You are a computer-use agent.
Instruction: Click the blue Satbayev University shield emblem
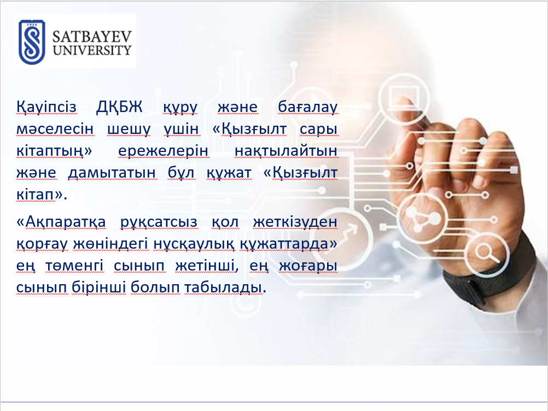tap(32, 42)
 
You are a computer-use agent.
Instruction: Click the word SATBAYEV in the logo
tap(92, 37)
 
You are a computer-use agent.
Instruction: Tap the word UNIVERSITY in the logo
tap(92, 50)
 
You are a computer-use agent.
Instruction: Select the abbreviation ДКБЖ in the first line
tap(119, 107)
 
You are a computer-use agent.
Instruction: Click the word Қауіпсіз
tap(46, 107)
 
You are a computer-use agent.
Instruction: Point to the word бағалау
tap(307, 107)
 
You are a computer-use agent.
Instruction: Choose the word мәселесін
tap(55, 129)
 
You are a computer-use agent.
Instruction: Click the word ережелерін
tap(163, 151)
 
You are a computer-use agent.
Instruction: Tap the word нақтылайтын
tap(286, 151)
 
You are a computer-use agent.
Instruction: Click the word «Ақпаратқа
tap(61, 222)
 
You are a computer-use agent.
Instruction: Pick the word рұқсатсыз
tap(159, 222)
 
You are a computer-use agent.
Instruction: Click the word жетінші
tap(207, 266)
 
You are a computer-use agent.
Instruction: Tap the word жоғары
tap(308, 266)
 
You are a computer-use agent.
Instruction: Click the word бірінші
tap(99, 287)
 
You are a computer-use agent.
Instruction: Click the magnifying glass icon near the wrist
tap(487, 252)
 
